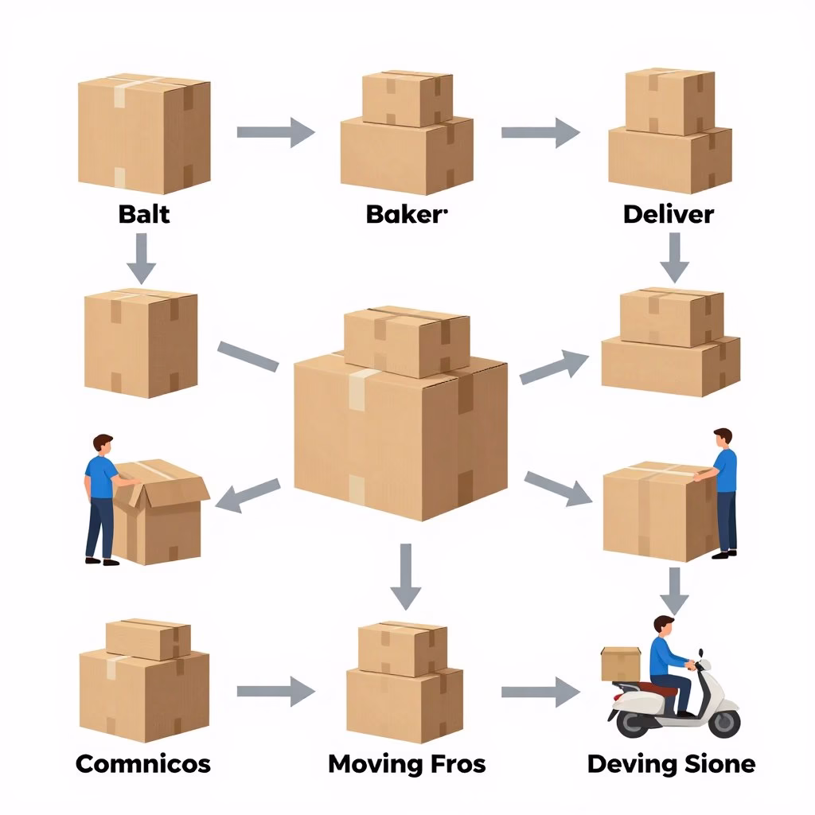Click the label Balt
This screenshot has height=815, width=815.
coord(144,214)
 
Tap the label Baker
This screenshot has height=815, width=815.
coord(406,214)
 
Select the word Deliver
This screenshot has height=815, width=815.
coord(669,214)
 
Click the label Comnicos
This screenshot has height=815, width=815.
coord(143,764)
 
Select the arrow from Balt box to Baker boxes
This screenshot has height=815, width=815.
coord(275,132)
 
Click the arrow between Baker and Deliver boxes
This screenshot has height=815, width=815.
coord(540,132)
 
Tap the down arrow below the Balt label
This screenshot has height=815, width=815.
coord(142,258)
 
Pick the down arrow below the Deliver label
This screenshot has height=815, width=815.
coord(674,256)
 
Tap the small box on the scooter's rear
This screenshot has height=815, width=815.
coord(621,663)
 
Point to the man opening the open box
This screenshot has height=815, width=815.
coord(101,497)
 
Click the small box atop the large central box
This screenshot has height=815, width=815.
coord(407,340)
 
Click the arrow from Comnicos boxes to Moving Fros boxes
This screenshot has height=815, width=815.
coord(275,690)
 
